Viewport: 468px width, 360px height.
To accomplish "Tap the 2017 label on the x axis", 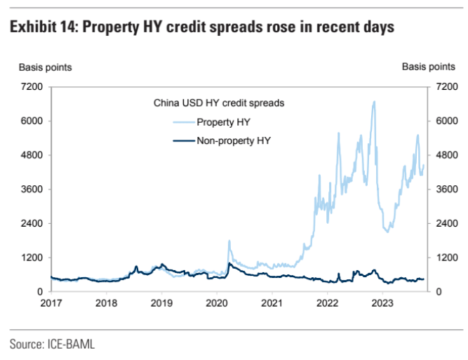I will click(51, 303).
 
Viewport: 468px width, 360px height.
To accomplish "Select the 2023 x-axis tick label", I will click(382, 303).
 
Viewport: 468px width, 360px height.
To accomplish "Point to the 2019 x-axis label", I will click(161, 303).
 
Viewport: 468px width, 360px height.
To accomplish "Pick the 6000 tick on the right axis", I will click(444, 121).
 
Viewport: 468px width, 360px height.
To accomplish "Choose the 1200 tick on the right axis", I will click(444, 258).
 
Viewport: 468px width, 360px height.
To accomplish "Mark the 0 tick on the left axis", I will click(41, 291).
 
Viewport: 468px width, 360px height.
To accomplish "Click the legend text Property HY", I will click(223, 122).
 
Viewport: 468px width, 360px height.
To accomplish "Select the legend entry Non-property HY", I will click(233, 141).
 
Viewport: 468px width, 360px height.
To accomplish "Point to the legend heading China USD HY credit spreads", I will click(218, 103).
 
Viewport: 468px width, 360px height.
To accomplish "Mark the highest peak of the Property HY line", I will click(374, 102).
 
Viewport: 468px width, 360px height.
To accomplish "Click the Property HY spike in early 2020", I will click(229, 241).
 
